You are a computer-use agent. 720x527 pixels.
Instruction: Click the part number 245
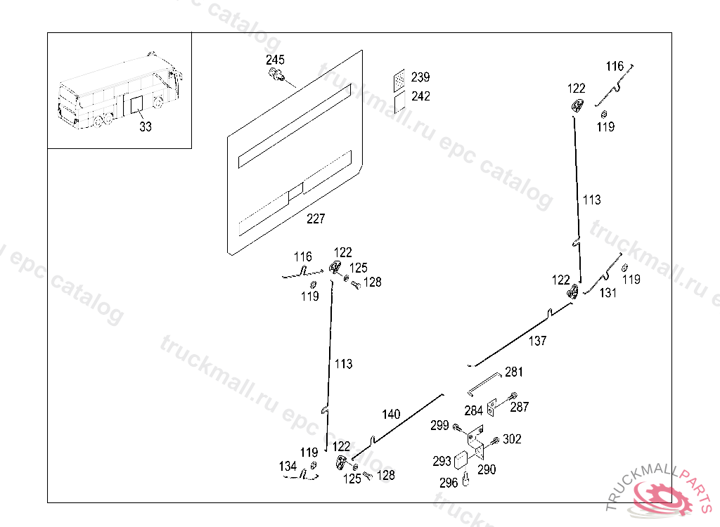coord(275,60)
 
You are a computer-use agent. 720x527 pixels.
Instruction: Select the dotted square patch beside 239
coord(399,81)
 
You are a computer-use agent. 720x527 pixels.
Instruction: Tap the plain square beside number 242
coord(399,102)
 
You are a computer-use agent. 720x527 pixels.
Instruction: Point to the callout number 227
coord(316,219)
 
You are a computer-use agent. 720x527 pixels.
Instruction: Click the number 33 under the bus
coord(146,126)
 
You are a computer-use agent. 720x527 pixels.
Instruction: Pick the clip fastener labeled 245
coord(276,74)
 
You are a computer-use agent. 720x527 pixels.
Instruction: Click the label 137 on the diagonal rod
coord(537,341)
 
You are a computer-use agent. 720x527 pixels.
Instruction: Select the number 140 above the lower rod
coord(391,414)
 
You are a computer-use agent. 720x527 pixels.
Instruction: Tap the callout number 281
coord(514,372)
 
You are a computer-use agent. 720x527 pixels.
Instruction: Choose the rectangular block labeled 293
coord(461,460)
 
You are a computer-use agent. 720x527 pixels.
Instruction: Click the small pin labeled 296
coord(465,479)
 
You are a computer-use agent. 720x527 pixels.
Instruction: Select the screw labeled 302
coord(495,441)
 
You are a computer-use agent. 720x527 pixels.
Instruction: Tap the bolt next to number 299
coord(459,429)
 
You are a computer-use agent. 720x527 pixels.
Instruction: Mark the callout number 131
coord(608,293)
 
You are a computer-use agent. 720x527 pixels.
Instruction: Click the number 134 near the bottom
coord(288,467)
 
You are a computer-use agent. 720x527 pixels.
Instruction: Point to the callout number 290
coord(487,469)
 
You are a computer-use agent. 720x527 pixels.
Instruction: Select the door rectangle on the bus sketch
coord(137,105)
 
